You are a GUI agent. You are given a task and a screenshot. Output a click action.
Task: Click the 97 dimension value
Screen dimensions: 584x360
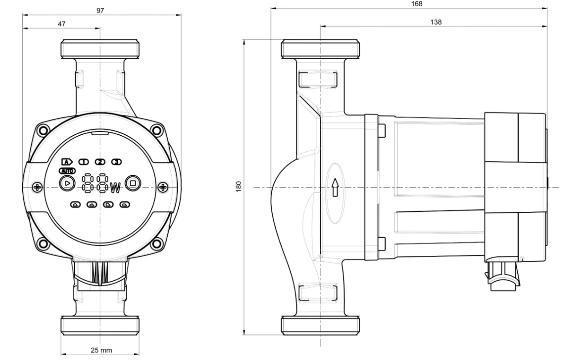pos(100,11)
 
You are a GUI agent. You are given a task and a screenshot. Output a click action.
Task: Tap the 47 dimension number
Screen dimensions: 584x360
pos(61,24)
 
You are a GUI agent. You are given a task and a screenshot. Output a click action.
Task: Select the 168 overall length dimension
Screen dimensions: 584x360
pos(417,4)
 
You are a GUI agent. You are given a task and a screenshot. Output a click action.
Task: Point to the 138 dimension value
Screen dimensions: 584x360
pos(436,22)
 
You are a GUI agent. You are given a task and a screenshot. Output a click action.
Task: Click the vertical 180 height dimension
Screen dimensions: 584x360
pos(238,187)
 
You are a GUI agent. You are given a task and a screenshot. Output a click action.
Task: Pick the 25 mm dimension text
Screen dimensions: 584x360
pos(101,350)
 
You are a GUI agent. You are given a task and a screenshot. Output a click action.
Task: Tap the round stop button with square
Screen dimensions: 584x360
pos(133,183)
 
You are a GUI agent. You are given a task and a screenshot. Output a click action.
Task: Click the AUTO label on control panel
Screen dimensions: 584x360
pos(67,171)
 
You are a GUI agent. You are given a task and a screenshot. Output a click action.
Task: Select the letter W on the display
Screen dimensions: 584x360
pos(116,188)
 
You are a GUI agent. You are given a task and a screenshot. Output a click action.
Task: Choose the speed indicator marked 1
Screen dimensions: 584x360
pos(84,162)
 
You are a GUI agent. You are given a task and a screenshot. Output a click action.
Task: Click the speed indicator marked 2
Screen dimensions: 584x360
pos(100,162)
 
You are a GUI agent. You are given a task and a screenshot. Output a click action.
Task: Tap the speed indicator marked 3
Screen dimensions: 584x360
pos(117,162)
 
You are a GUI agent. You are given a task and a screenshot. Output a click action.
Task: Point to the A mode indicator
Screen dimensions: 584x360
pos(67,162)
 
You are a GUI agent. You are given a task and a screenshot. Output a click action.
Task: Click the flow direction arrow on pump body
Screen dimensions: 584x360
pos(335,187)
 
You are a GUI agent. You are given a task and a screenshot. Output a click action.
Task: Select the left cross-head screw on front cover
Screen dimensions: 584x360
pos(37,187)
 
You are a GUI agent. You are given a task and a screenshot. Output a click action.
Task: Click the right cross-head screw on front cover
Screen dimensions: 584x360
pos(163,187)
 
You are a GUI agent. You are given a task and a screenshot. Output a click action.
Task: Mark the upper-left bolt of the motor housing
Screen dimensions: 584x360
pos(43,130)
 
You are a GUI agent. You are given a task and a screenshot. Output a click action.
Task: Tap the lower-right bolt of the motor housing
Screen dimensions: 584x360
pos(157,244)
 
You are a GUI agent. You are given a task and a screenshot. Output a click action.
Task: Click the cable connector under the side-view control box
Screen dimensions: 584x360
pos(503,276)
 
